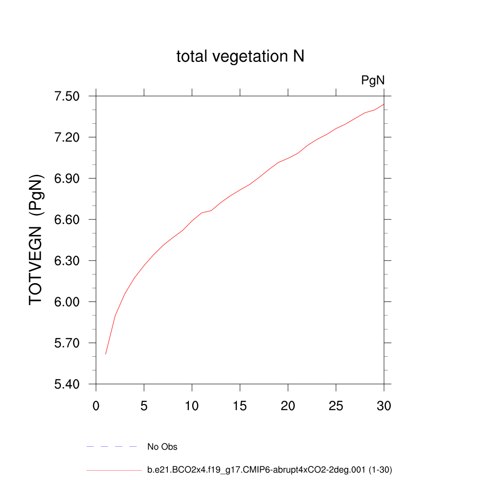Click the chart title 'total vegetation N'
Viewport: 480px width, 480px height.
pyautogui.click(x=240, y=57)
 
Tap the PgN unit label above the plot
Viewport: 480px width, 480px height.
pyautogui.click(x=373, y=81)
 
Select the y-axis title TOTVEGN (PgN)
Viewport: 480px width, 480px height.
pyautogui.click(x=36, y=240)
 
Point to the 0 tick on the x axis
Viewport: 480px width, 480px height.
pyautogui.click(x=96, y=405)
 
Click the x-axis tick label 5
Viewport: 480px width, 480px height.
pyautogui.click(x=144, y=405)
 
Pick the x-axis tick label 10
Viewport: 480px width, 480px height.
pyautogui.click(x=192, y=405)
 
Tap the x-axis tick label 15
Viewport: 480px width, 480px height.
pyautogui.click(x=240, y=405)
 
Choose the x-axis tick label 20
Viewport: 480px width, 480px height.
pyautogui.click(x=288, y=405)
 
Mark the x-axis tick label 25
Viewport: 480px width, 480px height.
pyautogui.click(x=336, y=405)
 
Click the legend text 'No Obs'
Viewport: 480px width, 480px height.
pyautogui.click(x=162, y=447)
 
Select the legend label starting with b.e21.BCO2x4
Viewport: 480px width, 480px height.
pyautogui.click(x=270, y=469)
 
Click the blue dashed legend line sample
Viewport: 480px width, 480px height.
pyautogui.click(x=111, y=447)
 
